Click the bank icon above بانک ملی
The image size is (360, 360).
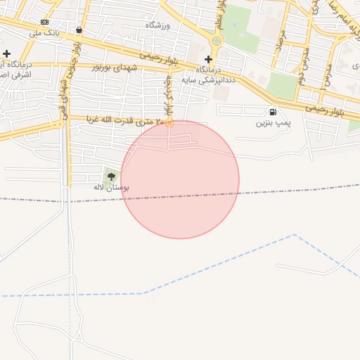point(45,22)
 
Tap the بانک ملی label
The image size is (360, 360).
point(47,33)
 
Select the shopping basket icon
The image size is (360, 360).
point(79,30)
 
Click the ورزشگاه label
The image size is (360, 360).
point(158,25)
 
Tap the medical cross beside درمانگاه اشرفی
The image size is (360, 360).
point(7,53)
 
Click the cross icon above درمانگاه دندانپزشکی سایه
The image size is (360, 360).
point(208,59)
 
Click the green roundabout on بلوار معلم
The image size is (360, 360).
point(216,41)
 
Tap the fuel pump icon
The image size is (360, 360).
point(273,112)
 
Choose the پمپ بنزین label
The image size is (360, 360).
point(273,123)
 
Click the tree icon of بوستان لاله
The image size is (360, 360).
point(111,176)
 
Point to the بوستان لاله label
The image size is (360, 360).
point(111,187)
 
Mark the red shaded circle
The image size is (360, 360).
point(180,180)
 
